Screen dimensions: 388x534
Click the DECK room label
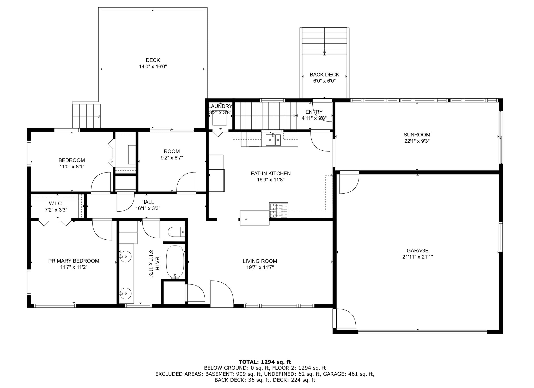point(153,60)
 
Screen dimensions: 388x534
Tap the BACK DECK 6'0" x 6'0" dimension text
point(324,81)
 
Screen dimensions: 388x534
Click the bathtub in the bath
point(175,262)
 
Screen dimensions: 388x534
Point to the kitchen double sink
point(273,140)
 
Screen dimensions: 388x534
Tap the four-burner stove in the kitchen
point(278,210)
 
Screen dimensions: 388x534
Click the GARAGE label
point(417,251)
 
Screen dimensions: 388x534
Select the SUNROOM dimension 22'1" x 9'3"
point(416,141)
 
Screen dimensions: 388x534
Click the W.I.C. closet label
point(56,203)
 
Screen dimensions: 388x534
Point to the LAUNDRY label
point(220,106)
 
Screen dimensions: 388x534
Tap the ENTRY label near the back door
point(314,112)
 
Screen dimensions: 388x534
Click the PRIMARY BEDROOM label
point(74,261)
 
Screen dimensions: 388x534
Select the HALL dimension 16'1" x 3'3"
point(148,208)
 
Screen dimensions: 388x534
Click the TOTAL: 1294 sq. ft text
point(265,362)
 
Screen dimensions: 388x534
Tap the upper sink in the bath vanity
point(126,256)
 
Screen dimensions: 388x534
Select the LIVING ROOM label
point(260,261)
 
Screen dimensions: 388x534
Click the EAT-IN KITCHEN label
point(270,173)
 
